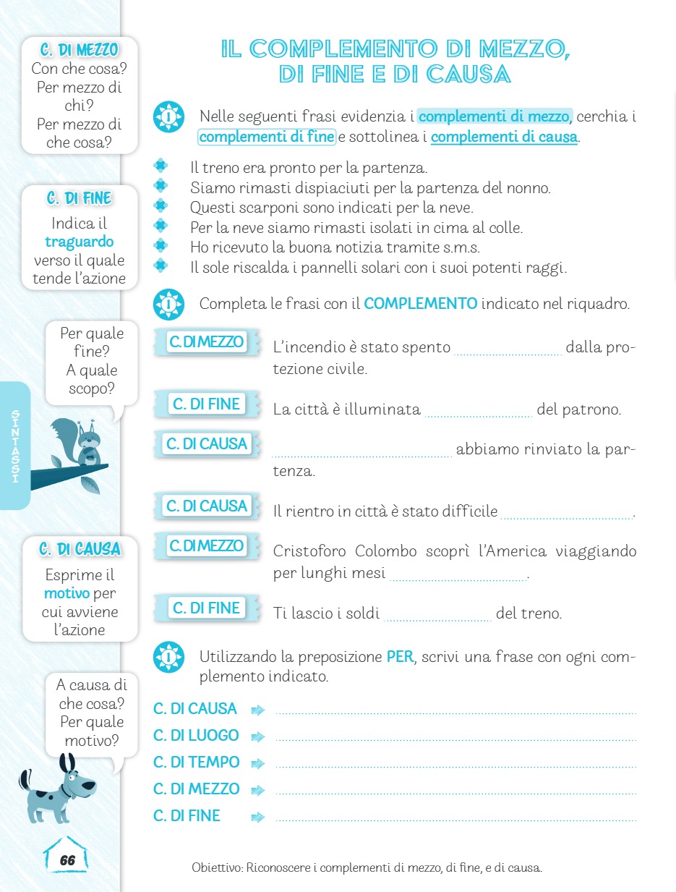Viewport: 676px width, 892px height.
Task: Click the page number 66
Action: pos(67,860)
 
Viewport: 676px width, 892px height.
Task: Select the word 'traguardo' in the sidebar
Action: pos(79,242)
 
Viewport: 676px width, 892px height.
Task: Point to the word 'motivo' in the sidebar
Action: pos(67,594)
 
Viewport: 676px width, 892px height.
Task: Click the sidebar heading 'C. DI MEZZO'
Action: pos(80,51)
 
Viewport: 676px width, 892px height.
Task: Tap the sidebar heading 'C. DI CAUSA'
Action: pos(80,550)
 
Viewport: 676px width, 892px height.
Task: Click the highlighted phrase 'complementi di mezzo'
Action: pos(495,116)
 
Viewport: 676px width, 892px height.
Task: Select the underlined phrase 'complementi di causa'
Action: pos(504,137)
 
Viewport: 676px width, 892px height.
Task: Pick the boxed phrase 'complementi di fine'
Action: pos(266,137)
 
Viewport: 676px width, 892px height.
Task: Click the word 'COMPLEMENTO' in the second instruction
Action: pos(420,304)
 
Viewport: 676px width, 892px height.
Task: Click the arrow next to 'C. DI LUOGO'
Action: pos(258,737)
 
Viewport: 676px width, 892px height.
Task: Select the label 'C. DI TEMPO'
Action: pos(196,762)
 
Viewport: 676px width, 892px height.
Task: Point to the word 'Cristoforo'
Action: pos(310,551)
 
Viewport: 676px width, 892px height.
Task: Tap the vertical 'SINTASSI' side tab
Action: pos(14,446)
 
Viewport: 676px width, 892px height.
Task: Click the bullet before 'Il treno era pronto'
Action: pos(161,166)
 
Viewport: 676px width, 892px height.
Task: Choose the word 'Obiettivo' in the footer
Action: pos(216,867)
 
